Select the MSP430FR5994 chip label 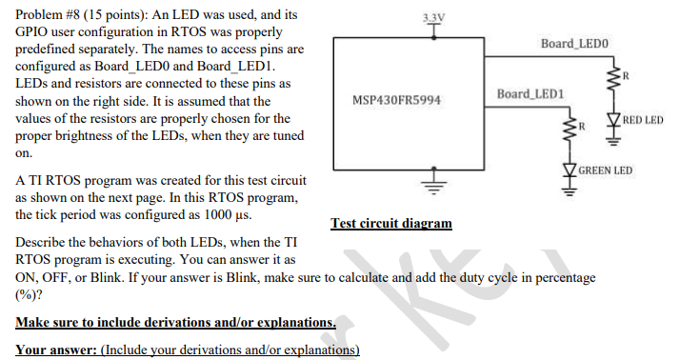[396, 100]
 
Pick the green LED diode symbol [571, 170]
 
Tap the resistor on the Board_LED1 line [571, 130]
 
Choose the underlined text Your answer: [55, 350]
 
